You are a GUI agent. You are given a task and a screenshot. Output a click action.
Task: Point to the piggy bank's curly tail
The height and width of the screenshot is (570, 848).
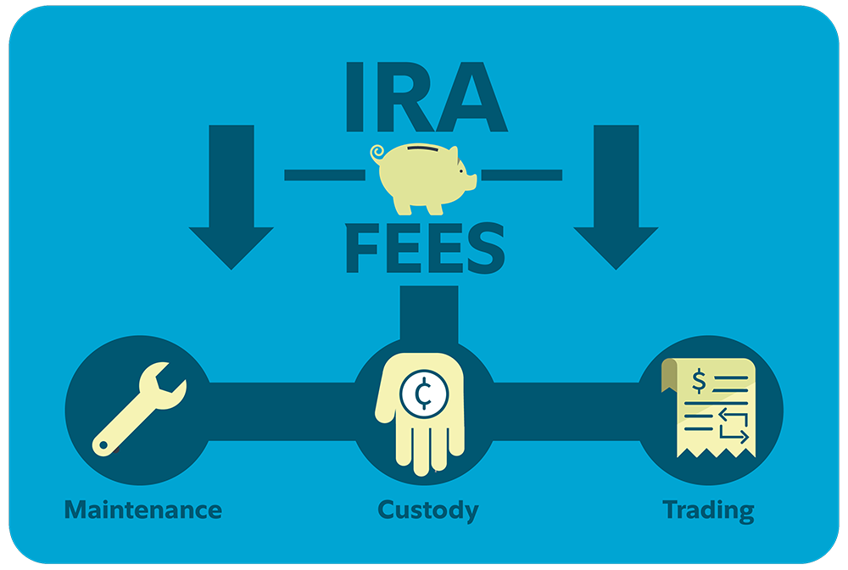coord(378,154)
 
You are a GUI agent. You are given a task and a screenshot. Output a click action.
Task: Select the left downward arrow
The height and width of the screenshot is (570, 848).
coord(231,199)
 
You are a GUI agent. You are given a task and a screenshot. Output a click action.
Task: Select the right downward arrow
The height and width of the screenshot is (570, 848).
coord(616,199)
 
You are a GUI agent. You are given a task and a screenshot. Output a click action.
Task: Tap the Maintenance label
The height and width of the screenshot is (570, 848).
coord(143,510)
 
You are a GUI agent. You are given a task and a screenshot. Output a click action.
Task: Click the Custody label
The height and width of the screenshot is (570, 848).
coord(427,511)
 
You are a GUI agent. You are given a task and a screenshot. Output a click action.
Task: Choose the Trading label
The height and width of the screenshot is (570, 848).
coord(708,510)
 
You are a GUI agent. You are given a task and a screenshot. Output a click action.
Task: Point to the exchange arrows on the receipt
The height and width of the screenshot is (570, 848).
coord(731,423)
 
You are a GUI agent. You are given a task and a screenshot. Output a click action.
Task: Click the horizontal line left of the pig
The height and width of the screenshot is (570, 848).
coord(324,175)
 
